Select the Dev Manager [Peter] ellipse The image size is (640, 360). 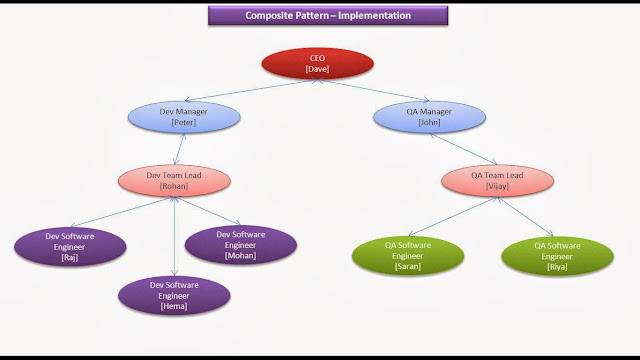point(181,117)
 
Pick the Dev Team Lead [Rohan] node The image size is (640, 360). point(176,181)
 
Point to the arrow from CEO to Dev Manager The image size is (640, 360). point(241,87)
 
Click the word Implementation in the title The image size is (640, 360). point(368,16)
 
